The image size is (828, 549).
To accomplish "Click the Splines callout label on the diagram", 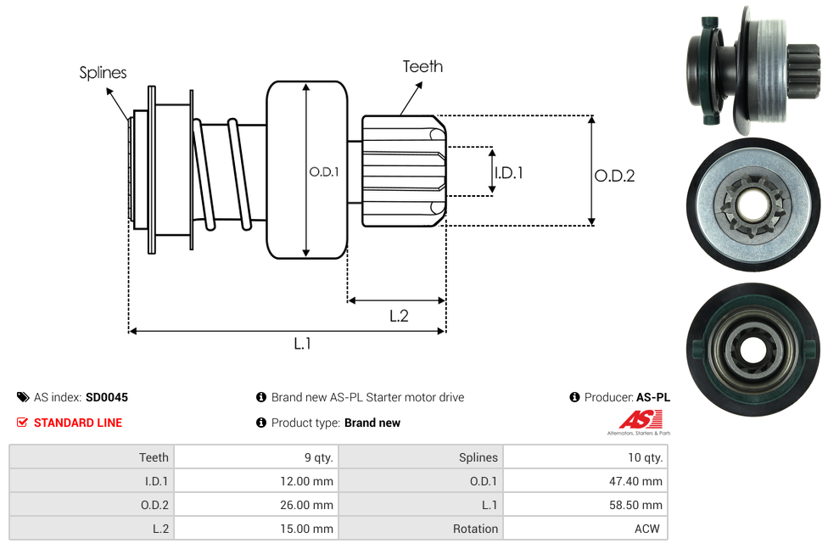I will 103,73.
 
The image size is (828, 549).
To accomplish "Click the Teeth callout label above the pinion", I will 422,66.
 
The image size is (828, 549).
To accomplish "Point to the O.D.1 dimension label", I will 324,171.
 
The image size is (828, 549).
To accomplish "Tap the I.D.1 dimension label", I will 508,172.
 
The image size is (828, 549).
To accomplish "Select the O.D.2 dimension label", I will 614,176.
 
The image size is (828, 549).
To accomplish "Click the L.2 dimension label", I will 399,316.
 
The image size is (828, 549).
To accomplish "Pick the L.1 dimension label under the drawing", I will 303,344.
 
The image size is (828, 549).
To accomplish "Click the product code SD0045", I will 107,397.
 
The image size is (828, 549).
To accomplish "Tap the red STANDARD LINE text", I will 78,423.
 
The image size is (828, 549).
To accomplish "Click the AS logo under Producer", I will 638,421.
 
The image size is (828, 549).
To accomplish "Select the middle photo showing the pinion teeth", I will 753,204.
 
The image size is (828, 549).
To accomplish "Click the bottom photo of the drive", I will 753,347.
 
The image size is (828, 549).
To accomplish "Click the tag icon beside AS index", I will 23,397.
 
